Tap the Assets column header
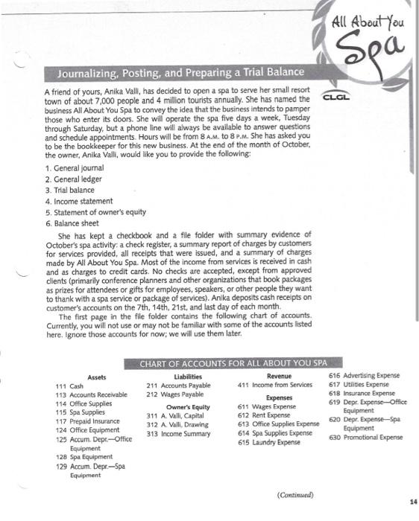point(97,377)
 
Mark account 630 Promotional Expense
point(365,438)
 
